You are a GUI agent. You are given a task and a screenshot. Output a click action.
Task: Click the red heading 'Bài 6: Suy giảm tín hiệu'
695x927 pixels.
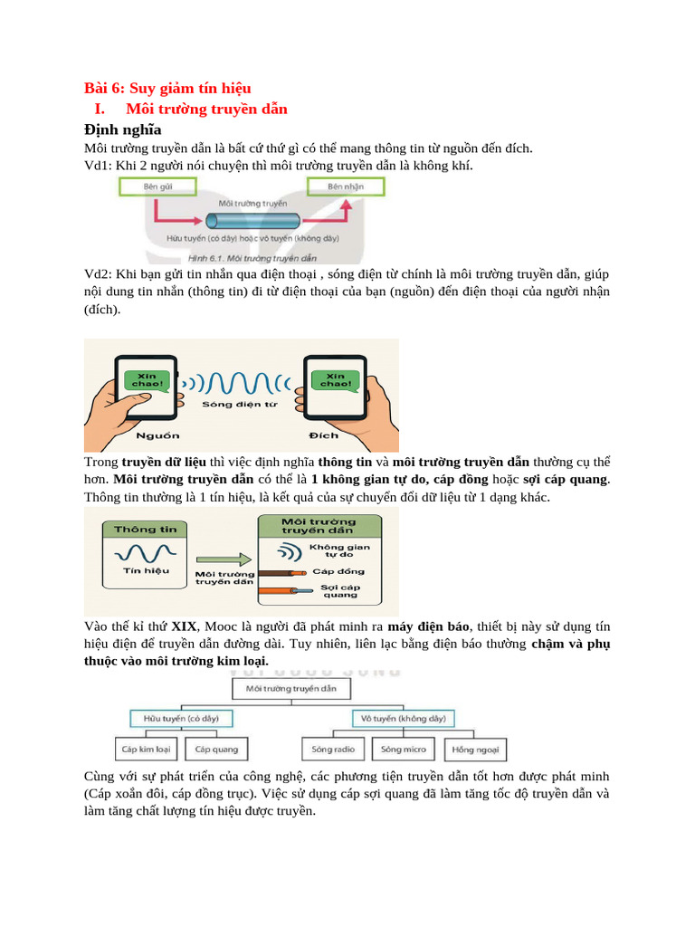pos(167,88)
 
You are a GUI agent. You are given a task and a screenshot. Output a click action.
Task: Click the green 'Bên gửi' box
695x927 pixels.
pos(158,187)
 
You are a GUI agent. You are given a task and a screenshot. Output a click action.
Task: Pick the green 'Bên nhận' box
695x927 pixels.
pos(346,187)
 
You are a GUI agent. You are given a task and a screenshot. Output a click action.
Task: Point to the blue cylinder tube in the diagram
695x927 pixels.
pos(252,221)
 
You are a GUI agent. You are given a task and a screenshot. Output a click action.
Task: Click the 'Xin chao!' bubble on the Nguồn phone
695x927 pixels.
pos(145,380)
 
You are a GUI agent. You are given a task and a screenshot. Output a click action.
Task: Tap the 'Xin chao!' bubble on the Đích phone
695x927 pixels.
pos(335,380)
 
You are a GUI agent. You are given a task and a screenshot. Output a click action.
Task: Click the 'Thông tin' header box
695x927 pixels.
pos(147,529)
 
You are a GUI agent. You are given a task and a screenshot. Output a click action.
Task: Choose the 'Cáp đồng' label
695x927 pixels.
pos(338,572)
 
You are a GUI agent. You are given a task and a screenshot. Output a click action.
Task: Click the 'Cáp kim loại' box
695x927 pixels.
pos(146,750)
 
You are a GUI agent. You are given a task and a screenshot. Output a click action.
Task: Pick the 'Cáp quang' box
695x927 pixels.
pos(217,750)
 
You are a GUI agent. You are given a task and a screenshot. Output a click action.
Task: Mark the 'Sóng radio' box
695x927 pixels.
pos(333,750)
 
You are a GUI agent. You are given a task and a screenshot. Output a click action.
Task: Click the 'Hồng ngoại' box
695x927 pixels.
pos(476,750)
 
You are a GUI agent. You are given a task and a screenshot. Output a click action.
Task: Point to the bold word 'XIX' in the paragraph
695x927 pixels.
pos(185,626)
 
